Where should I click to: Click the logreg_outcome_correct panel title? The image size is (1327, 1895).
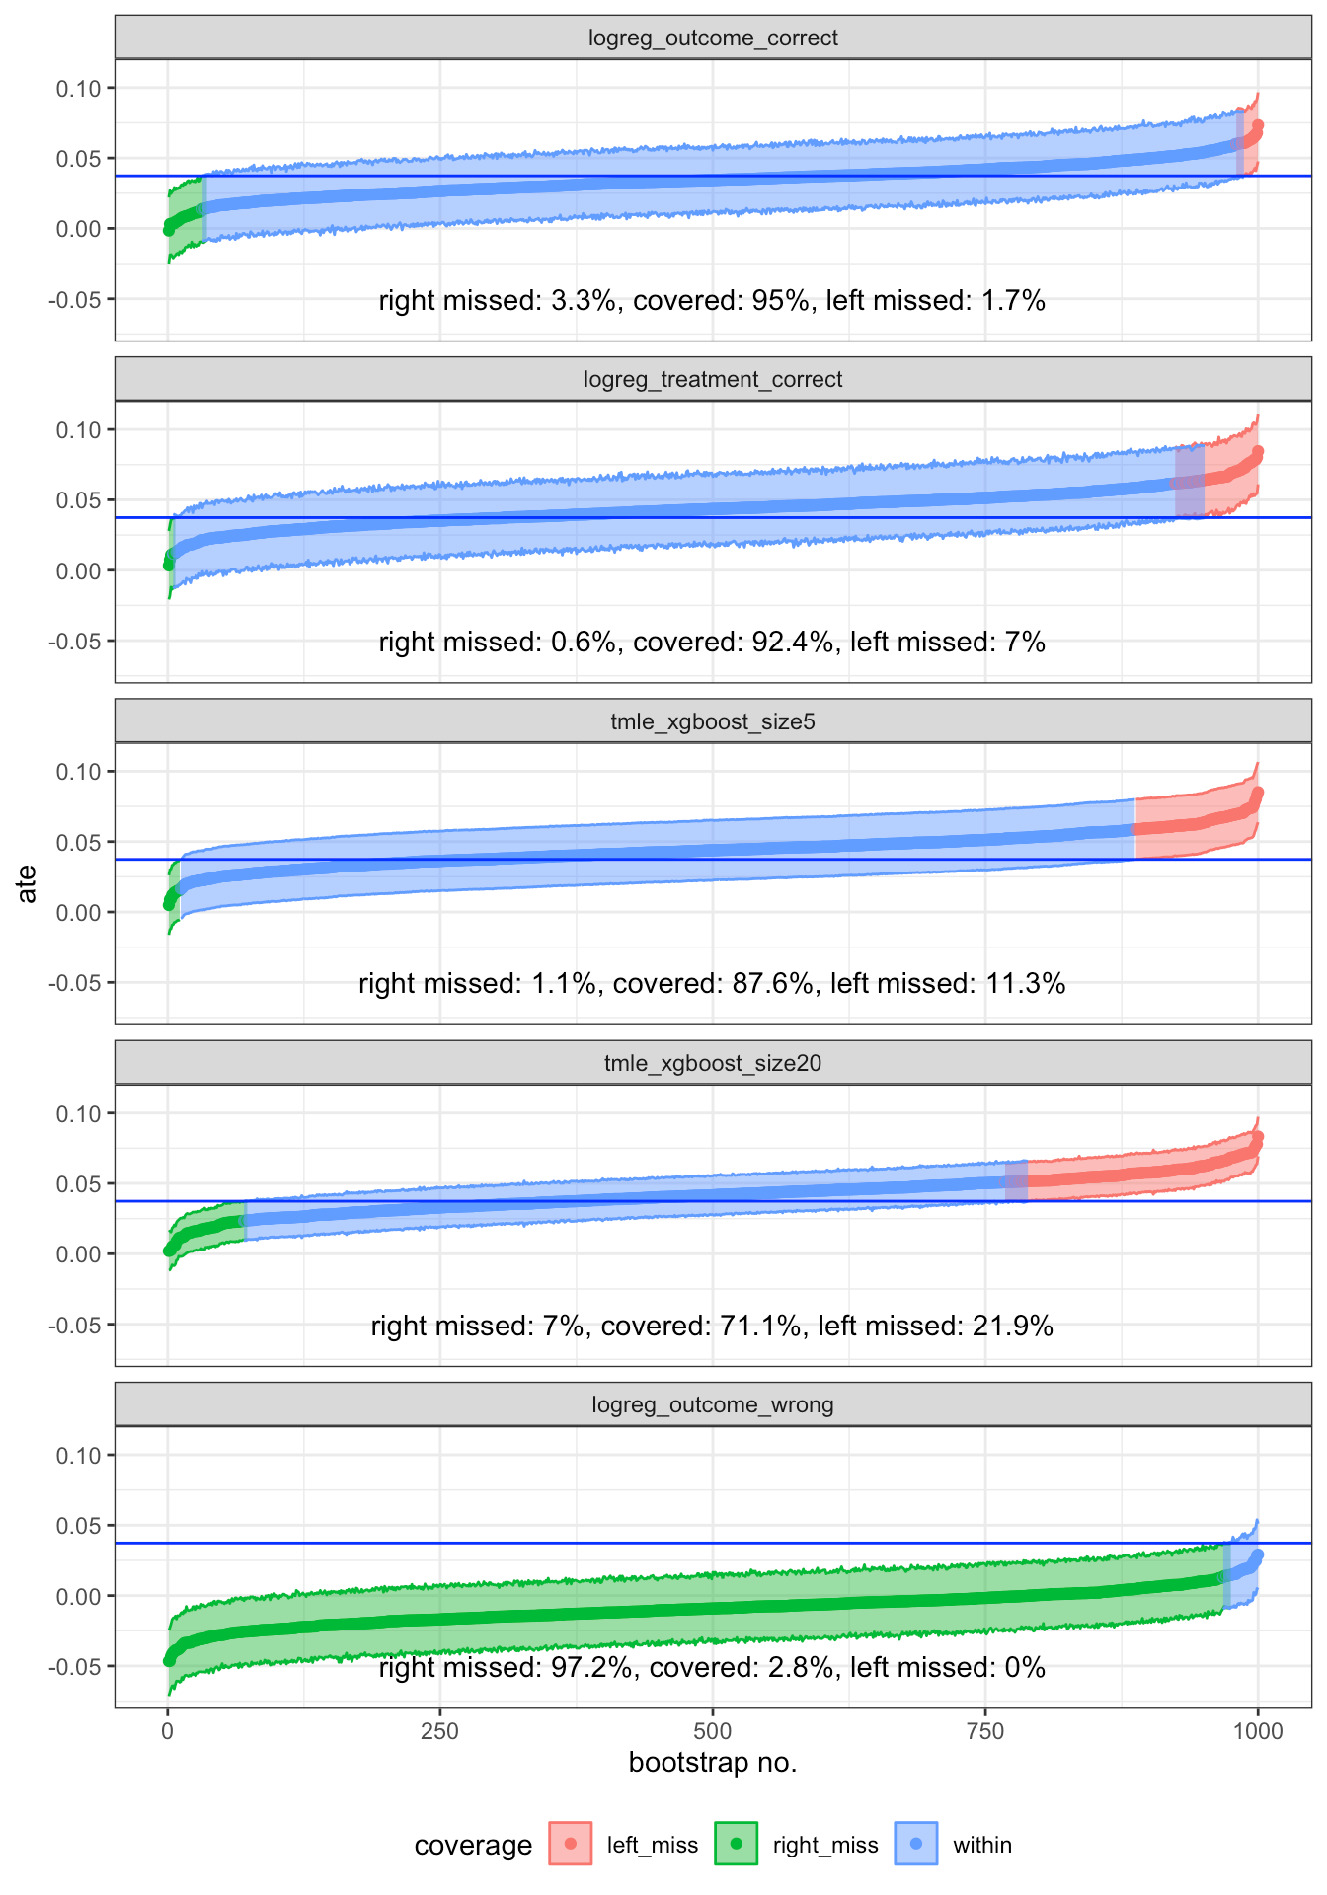[x=713, y=38]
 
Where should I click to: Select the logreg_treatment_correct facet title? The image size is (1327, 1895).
[x=713, y=380]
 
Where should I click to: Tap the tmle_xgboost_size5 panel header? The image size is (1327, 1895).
[x=713, y=722]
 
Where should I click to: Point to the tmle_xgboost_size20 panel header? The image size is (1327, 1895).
[x=713, y=1064]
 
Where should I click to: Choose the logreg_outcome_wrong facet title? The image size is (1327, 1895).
[x=713, y=1405]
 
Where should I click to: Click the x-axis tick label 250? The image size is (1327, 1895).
[x=439, y=1731]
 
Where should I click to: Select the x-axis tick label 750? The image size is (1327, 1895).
[x=985, y=1731]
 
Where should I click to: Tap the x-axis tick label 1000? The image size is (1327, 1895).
[x=1257, y=1731]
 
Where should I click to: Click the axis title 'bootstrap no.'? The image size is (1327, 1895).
[x=713, y=1763]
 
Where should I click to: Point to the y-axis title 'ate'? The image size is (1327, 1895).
[x=28, y=883]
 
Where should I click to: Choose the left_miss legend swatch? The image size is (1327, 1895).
[x=570, y=1844]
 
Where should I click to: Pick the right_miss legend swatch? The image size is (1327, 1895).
[x=736, y=1844]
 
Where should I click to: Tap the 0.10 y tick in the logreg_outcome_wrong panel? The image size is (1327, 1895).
[x=78, y=1456]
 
